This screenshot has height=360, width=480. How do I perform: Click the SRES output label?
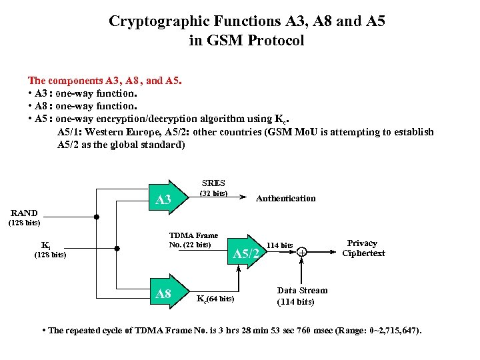click(213, 183)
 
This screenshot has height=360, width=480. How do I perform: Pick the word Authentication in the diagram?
click(286, 198)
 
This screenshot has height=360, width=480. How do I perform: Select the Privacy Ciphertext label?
click(363, 248)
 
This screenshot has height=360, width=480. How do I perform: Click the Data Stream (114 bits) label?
click(302, 295)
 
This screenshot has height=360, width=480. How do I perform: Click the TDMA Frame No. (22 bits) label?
click(193, 240)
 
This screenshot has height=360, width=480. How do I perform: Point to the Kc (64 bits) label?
click(215, 298)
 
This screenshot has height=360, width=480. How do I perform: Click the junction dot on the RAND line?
click(96, 217)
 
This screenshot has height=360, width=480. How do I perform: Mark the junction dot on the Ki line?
click(117, 249)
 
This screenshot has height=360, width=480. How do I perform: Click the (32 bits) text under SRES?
click(214, 193)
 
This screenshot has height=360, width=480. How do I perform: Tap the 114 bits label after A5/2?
click(279, 245)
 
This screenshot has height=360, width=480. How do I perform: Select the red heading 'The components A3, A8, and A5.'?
click(105, 80)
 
